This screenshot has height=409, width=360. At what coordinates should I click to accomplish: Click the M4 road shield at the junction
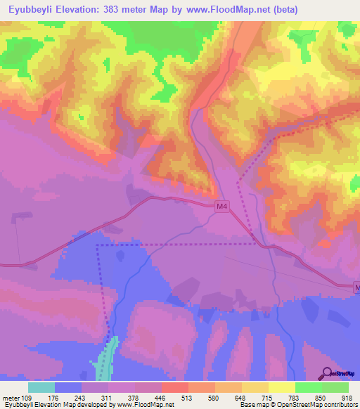pos(221,206)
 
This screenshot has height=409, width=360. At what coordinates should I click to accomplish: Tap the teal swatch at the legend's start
pos(41,387)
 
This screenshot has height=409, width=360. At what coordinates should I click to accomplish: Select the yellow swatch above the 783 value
pos(282,387)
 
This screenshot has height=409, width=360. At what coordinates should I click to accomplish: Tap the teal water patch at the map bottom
pos(105,358)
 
